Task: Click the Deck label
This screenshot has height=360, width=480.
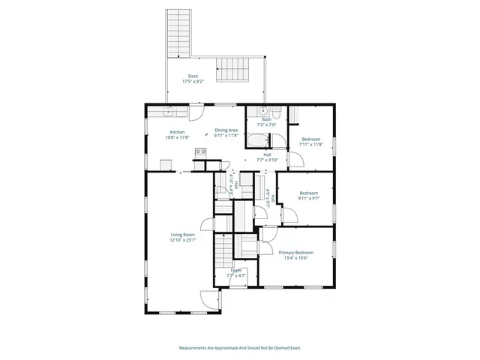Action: tap(193, 76)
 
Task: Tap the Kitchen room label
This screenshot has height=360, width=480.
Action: tap(176, 132)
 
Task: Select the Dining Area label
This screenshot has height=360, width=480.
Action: tap(226, 130)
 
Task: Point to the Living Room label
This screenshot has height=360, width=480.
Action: tap(183, 235)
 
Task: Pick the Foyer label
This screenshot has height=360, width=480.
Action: tap(236, 270)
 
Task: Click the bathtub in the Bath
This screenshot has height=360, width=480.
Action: tap(259, 139)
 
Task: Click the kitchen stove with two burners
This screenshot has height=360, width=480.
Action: tap(201, 153)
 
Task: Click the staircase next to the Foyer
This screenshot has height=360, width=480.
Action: tap(223, 251)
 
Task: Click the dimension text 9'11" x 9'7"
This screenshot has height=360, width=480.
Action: tap(309, 199)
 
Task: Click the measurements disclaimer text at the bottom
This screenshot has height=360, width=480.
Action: tap(240, 348)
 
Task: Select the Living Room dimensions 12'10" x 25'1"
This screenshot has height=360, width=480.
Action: tap(183, 240)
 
